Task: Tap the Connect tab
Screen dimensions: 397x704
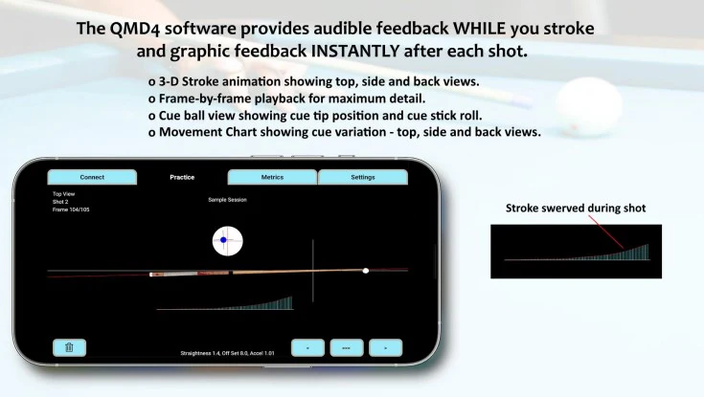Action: (x=92, y=177)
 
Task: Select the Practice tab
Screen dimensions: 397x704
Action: (x=182, y=177)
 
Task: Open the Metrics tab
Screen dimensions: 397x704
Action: (x=272, y=177)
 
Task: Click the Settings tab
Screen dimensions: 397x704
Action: (x=363, y=177)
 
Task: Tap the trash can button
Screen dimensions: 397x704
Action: (x=69, y=348)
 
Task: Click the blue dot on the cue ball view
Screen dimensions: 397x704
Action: (x=223, y=240)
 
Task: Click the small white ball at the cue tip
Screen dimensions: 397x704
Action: (x=365, y=271)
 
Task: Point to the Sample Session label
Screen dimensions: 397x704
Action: (x=227, y=200)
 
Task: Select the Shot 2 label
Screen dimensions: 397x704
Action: (x=59, y=201)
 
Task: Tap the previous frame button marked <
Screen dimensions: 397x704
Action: (x=307, y=348)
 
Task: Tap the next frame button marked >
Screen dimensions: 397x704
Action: (x=385, y=348)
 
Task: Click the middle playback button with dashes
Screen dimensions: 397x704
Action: (x=347, y=348)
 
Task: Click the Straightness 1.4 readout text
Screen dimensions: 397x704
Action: (x=201, y=353)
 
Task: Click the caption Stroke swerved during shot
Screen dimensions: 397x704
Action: (x=576, y=208)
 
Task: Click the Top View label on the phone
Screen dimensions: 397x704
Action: (x=63, y=193)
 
